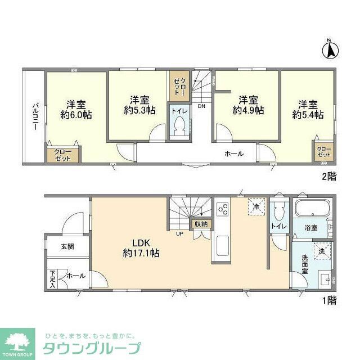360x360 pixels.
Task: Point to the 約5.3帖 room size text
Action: [140, 111]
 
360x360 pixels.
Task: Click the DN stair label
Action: [201, 106]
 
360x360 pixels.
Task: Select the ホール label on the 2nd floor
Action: [234, 153]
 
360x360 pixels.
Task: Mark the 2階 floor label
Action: [328, 176]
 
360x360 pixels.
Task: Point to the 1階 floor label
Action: [328, 300]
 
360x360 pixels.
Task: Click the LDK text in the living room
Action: [141, 243]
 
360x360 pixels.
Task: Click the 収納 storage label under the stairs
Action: [200, 224]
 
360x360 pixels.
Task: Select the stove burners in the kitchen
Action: [222, 209]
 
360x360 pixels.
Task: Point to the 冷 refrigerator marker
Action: [256, 207]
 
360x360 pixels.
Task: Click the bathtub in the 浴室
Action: [312, 210]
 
